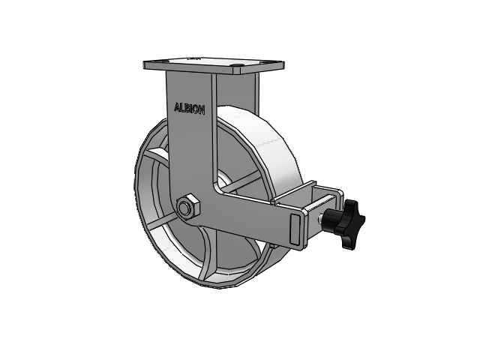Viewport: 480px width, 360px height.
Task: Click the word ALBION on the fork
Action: tap(190, 109)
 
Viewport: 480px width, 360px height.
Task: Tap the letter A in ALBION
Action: tap(177, 107)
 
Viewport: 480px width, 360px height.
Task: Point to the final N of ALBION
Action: tap(202, 110)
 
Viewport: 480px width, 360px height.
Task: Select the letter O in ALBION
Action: tap(196, 109)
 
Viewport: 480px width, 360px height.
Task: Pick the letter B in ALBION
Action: tap(187, 108)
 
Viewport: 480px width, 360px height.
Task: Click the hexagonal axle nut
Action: tap(188, 207)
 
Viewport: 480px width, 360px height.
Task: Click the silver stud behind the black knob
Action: tap(320, 218)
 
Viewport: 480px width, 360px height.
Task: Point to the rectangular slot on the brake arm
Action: tap(295, 229)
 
